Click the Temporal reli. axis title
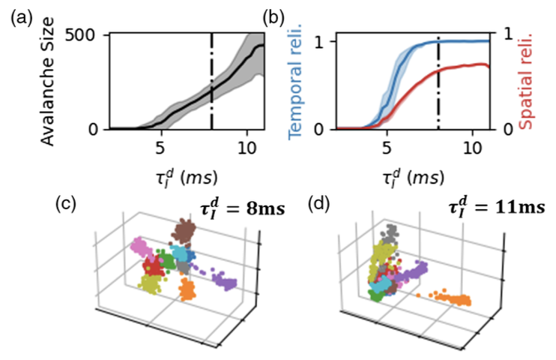[293, 82]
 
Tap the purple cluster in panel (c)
[224, 280]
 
